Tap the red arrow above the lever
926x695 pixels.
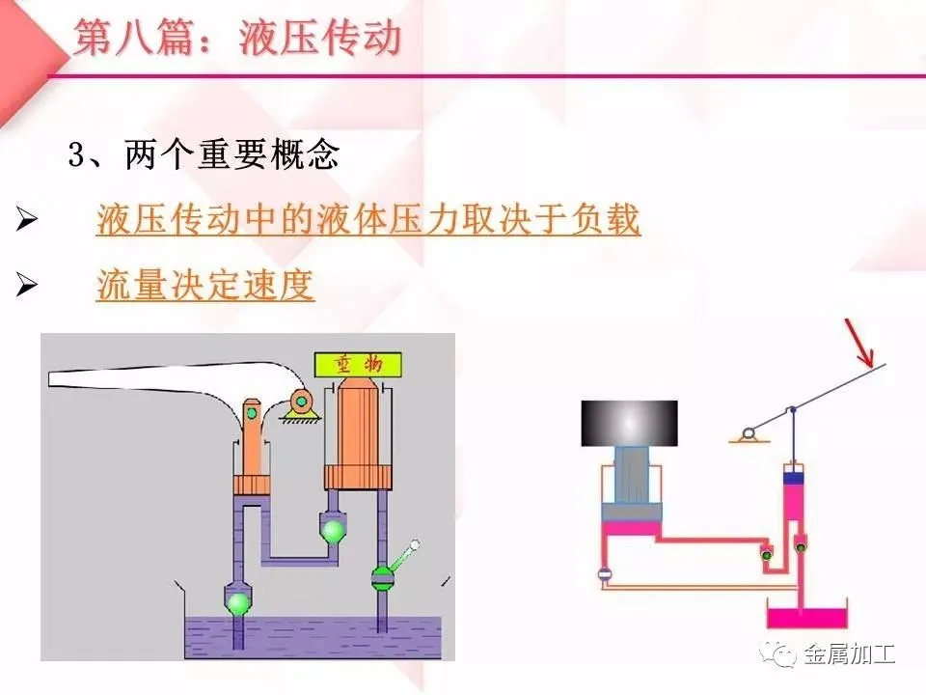[x=860, y=343]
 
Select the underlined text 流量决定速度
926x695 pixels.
[x=205, y=285]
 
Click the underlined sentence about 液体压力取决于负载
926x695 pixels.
[x=368, y=221]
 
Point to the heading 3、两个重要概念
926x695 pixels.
[x=204, y=156]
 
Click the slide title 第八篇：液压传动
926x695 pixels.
[x=237, y=40]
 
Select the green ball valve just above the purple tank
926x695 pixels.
[x=237, y=602]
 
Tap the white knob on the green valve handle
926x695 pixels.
[x=416, y=546]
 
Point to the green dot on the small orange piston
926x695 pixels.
[x=252, y=413]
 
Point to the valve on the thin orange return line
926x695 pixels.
[x=605, y=574]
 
